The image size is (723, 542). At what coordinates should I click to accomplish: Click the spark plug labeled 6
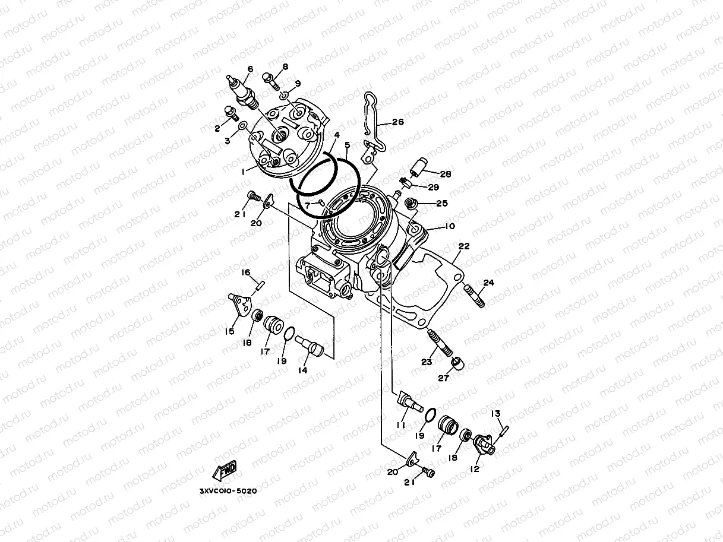coord(242,90)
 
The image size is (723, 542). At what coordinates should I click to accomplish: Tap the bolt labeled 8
coord(270,79)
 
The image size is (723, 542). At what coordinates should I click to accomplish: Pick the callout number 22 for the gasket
coord(463,246)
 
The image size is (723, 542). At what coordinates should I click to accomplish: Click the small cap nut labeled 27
coord(456,362)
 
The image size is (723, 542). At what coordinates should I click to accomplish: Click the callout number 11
coord(401,425)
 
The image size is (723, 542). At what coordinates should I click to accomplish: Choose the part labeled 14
coord(311,345)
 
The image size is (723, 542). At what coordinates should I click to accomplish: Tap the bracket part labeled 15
coord(239,303)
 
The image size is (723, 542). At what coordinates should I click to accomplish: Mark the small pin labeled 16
coord(259,284)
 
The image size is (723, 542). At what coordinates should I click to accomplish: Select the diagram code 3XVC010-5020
coord(228,492)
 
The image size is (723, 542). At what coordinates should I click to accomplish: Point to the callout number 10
coord(449,226)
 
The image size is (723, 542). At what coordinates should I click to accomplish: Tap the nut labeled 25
coord(409,205)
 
